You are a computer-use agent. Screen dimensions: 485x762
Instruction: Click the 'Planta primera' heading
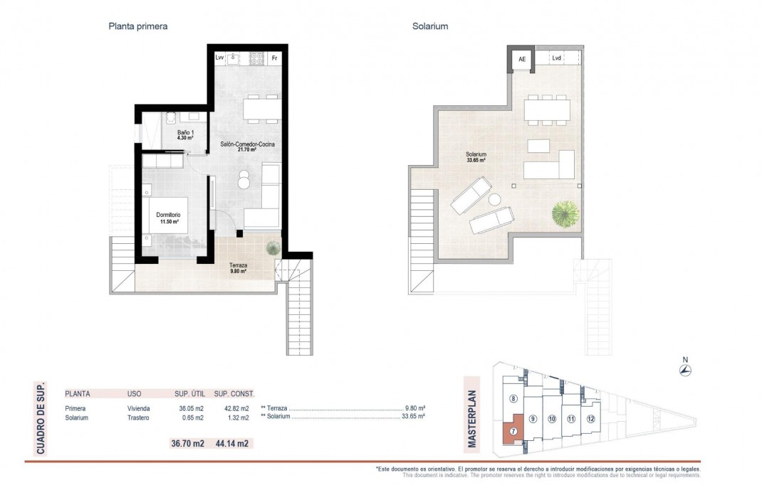pos(137,26)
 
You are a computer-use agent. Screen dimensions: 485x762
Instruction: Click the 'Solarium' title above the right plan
pos(429,26)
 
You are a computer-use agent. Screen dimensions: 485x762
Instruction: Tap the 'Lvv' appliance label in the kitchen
pos(219,58)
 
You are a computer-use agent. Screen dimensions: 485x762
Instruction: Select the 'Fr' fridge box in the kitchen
pos(274,58)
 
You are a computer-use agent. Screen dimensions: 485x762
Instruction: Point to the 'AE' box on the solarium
pos(521,60)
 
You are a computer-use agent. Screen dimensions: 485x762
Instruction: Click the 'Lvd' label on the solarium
pos(557,58)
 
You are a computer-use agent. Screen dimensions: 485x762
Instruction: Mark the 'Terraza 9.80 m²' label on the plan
pos(238,268)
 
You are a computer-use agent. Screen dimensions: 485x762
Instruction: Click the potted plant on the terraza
pos(272,248)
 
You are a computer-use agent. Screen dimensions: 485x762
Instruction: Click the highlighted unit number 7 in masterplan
pos(513,431)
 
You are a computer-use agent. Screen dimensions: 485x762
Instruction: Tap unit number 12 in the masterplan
pos(590,418)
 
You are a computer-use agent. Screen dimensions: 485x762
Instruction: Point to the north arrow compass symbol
pos(686,371)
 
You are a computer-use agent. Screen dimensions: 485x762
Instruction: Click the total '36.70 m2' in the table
pos(187,443)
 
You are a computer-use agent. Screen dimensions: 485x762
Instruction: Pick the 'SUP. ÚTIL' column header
pos(189,393)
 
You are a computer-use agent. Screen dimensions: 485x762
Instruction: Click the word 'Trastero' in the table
pos(138,418)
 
